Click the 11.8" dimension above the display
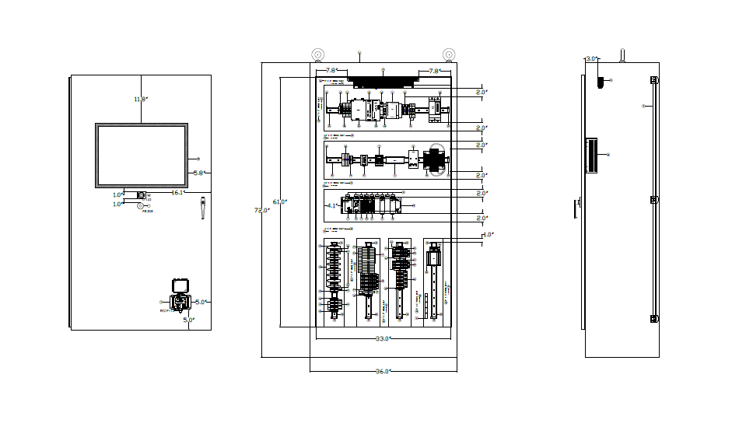(140, 99)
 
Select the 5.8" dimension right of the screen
(198, 173)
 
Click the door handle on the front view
(201, 208)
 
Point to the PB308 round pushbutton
(141, 206)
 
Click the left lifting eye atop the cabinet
(318, 54)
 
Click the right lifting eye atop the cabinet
(449, 54)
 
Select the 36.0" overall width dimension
(382, 372)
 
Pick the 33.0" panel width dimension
(382, 339)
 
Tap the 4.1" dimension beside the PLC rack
(332, 206)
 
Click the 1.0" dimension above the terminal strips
(488, 234)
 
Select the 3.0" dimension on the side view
(590, 58)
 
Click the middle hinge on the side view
(654, 200)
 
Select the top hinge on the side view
(654, 81)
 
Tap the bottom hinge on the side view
(654, 318)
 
